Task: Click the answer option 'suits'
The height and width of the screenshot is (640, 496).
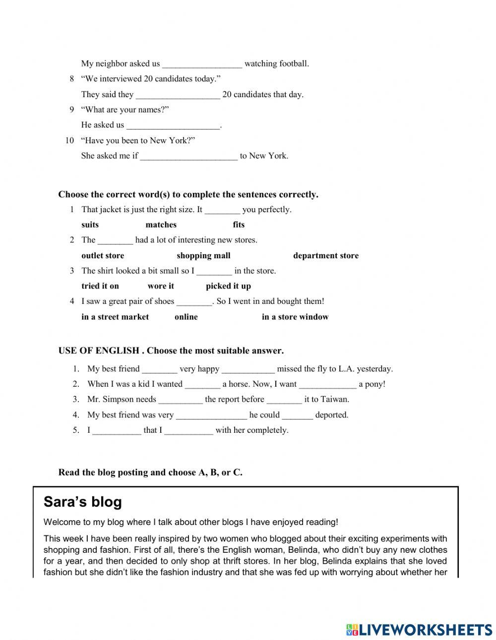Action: (x=90, y=225)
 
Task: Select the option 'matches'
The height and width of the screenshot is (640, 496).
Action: (x=161, y=225)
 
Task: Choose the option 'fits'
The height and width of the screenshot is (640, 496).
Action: (x=239, y=225)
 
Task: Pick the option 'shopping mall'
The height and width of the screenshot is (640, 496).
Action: (x=203, y=256)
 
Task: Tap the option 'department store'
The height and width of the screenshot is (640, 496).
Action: (x=325, y=256)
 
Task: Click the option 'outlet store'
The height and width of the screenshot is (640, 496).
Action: (x=103, y=256)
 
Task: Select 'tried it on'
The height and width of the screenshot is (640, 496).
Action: (x=100, y=286)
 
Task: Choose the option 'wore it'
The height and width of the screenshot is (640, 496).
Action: (x=161, y=286)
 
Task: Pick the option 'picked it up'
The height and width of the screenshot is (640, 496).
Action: (x=228, y=286)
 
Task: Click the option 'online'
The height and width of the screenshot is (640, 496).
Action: (x=186, y=317)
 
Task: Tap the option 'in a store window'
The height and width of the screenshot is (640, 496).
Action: (x=295, y=317)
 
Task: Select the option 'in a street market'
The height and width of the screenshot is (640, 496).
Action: (x=115, y=317)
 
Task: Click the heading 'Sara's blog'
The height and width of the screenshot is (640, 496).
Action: (x=82, y=502)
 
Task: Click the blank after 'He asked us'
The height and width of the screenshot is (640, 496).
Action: (x=173, y=125)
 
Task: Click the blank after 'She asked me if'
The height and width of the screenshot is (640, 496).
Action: (x=189, y=156)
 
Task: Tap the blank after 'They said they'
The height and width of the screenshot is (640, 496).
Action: (x=178, y=95)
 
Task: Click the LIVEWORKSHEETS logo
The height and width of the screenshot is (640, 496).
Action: (x=419, y=629)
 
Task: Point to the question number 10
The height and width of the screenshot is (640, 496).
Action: (x=69, y=140)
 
